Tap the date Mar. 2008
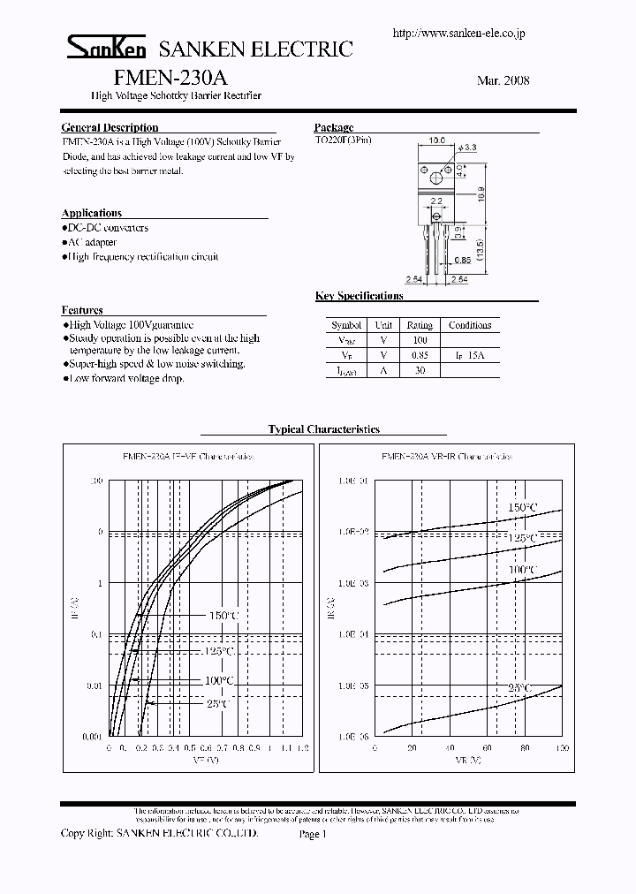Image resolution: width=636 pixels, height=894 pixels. pyautogui.click(x=503, y=80)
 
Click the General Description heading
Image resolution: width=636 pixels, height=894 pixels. pyautogui.click(x=110, y=128)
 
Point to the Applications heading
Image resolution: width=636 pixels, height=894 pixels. pyautogui.click(x=92, y=213)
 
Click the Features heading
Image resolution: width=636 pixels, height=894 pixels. pyautogui.click(x=82, y=310)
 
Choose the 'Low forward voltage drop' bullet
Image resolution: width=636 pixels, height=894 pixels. pyautogui.click(x=125, y=378)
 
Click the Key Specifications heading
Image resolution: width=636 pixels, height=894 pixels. pyautogui.click(x=359, y=296)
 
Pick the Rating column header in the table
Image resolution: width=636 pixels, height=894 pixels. pyautogui.click(x=420, y=325)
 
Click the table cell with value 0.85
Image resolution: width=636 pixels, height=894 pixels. pyautogui.click(x=420, y=355)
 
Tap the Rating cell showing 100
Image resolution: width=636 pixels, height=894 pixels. pyautogui.click(x=420, y=340)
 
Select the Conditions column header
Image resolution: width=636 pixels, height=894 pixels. pyautogui.click(x=470, y=325)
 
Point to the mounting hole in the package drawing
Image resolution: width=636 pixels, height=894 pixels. pyautogui.click(x=435, y=179)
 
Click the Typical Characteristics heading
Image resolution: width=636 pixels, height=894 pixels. pyautogui.click(x=323, y=429)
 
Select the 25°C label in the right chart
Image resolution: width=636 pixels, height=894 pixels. pyautogui.click(x=519, y=687)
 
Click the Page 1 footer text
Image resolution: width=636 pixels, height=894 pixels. pyautogui.click(x=314, y=833)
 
